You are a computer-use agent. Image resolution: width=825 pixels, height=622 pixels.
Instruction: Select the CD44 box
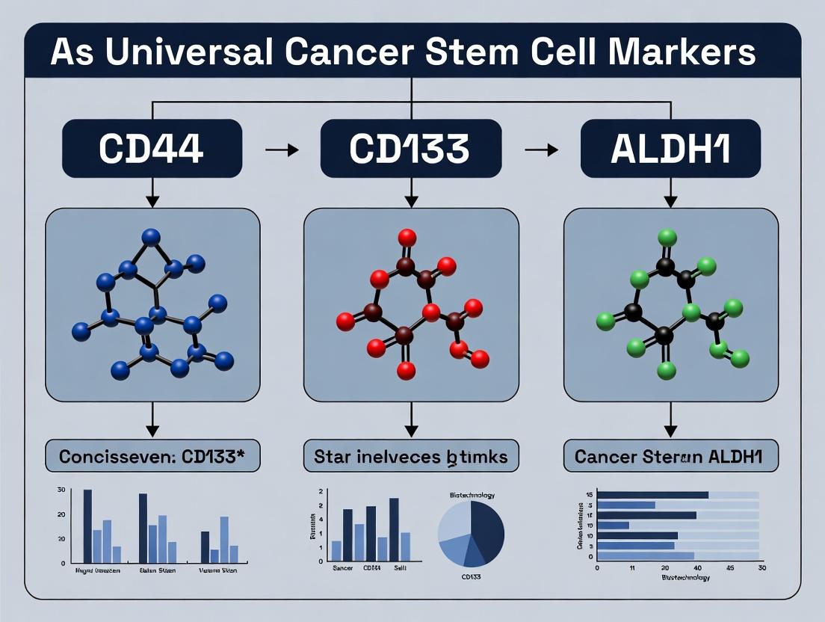pos(152,149)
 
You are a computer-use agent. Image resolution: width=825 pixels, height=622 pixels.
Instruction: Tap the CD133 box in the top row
pos(410,149)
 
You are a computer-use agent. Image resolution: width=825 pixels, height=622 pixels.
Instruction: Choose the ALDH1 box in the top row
pos(670,149)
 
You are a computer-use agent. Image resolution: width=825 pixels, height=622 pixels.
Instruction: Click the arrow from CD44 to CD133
pos(282,150)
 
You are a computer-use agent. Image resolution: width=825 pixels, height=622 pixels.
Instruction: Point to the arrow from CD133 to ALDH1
pos(541,150)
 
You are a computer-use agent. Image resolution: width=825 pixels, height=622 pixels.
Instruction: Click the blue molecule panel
pos(152,305)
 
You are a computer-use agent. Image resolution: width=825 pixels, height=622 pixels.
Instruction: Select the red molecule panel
pos(410,305)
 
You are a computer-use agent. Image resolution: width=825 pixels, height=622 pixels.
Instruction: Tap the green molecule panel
pos(670,305)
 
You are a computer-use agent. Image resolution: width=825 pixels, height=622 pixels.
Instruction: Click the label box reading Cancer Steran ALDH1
pos(670,456)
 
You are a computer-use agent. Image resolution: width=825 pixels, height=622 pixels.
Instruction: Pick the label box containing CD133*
pos(152,456)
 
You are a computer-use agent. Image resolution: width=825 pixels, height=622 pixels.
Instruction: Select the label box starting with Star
pos(410,456)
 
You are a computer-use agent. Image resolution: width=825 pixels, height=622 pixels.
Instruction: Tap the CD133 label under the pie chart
pos(471,577)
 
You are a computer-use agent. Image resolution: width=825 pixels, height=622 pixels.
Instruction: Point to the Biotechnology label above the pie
pos(472,495)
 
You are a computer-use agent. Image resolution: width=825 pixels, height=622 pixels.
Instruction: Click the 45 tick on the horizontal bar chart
pos(730,568)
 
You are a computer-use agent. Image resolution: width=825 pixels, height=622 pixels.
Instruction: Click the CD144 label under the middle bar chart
pos(371,569)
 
